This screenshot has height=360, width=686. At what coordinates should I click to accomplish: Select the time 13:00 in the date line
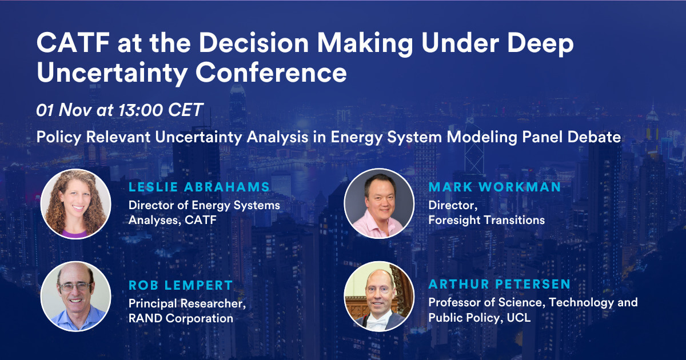tap(141, 110)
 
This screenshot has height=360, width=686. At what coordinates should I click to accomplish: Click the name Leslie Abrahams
tap(199, 187)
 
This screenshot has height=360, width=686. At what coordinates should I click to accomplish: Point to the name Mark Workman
tap(494, 187)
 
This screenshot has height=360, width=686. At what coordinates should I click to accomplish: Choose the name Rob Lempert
tap(181, 285)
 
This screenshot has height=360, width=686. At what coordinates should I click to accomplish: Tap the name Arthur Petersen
tap(499, 284)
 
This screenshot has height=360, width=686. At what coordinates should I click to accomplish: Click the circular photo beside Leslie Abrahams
tap(75, 204)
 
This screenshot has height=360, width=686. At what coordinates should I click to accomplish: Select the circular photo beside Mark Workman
tap(379, 203)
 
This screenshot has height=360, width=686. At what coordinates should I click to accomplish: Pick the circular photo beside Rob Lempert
tap(75, 297)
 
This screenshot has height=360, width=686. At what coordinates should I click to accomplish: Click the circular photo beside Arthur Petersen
tap(379, 297)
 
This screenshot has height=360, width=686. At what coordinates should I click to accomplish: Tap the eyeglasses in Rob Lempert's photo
tap(75, 287)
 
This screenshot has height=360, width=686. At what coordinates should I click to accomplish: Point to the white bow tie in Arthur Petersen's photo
tap(377, 322)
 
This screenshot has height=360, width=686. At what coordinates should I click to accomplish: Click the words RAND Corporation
tap(181, 318)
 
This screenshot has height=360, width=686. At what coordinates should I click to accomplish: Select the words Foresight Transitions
tap(486, 220)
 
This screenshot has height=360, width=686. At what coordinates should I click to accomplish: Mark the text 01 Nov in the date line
tap(63, 110)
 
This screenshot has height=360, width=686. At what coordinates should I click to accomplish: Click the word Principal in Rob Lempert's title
tap(152, 303)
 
